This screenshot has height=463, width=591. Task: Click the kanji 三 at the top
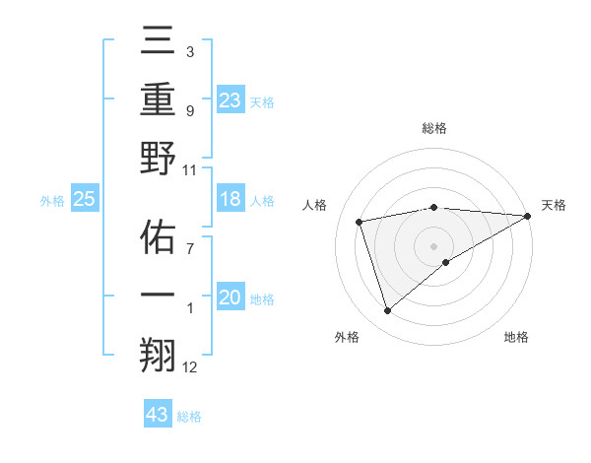point(159,44)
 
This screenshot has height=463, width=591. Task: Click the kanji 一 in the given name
point(159,296)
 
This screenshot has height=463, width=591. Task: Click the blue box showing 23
point(230,99)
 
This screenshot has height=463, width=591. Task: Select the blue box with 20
point(230,298)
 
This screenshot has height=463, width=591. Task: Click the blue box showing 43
point(158,415)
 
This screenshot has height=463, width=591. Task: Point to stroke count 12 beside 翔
point(189,367)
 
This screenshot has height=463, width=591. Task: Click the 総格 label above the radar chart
point(434,128)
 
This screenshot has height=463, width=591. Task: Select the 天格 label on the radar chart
point(554,205)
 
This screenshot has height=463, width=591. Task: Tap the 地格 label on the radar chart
point(516,338)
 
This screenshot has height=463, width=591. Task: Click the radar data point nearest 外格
point(387,311)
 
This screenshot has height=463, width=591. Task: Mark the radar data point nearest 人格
point(360,221)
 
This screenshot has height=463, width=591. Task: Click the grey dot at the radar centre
point(434,245)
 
